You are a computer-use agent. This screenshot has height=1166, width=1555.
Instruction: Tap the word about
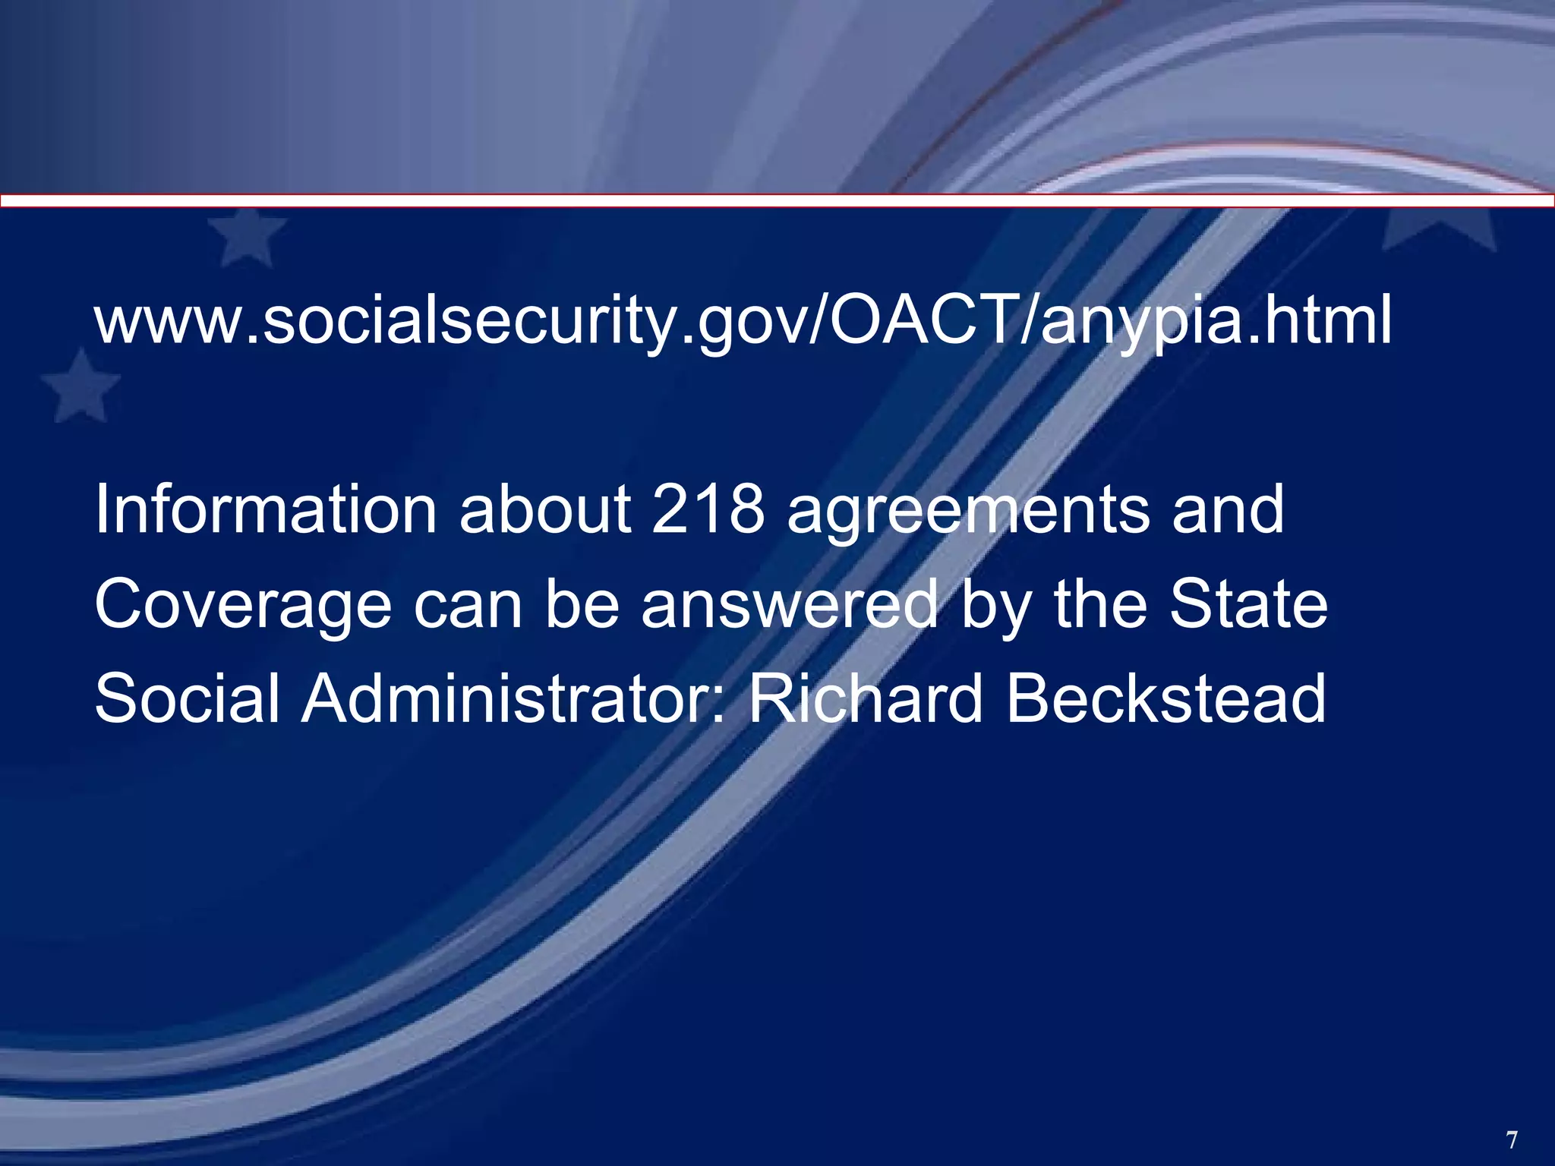tap(544, 509)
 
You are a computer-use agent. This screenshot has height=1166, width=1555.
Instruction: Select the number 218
tap(708, 509)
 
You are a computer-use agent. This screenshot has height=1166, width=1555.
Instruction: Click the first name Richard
tap(865, 698)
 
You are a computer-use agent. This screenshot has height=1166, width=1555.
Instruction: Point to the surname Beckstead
tap(1166, 698)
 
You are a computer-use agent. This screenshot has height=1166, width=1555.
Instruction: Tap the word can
tap(468, 607)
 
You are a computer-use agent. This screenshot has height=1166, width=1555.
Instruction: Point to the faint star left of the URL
tap(80, 387)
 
